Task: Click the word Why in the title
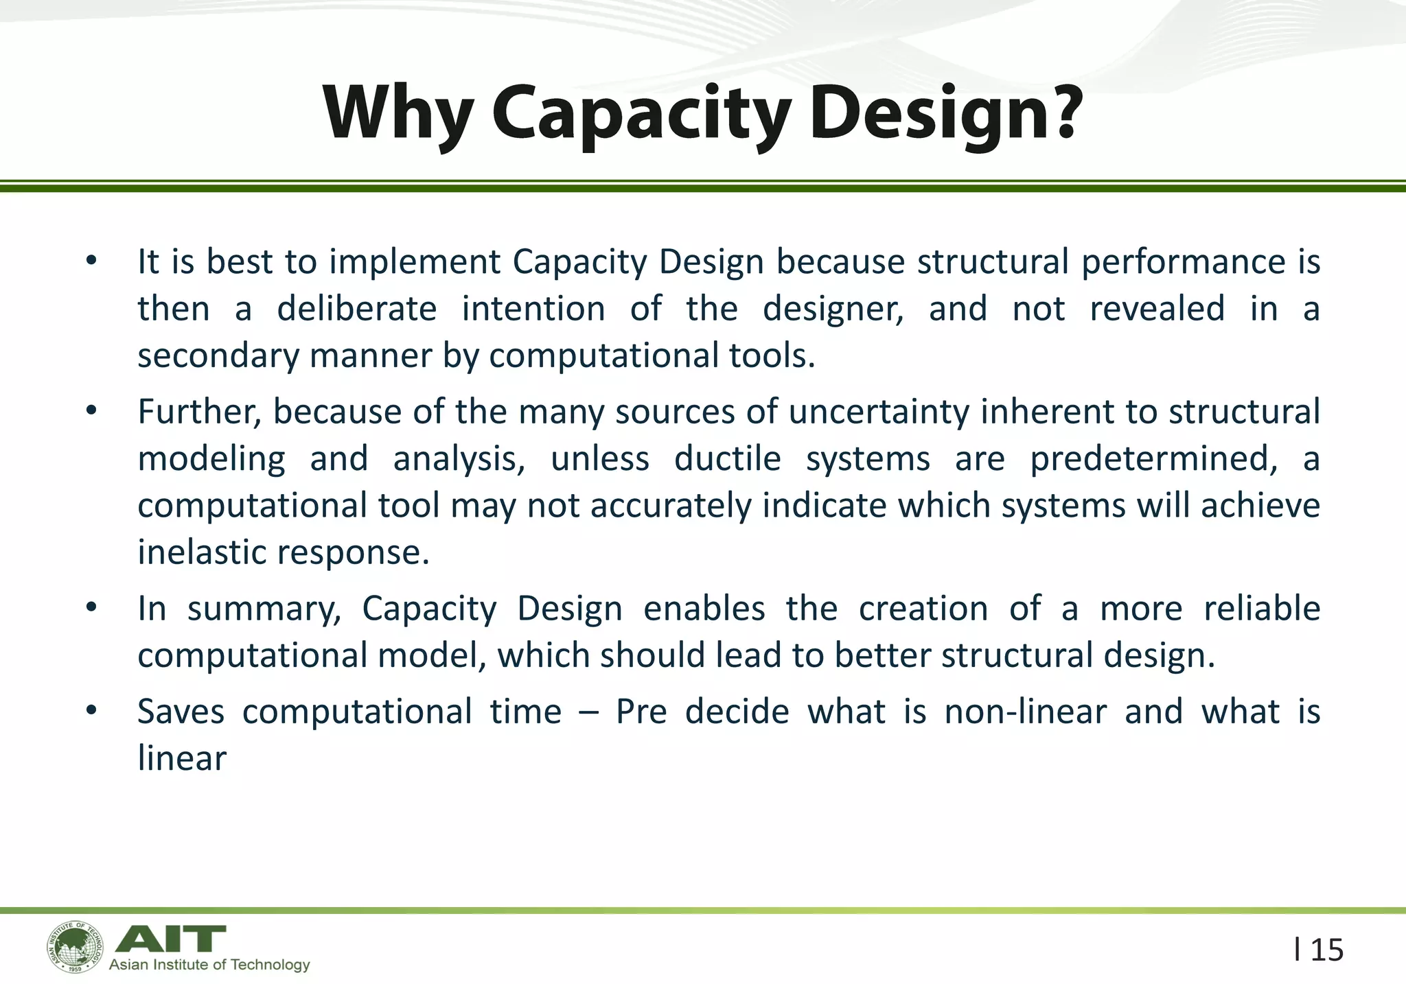tap(398, 113)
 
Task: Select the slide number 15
tap(1326, 950)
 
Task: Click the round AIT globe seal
tap(76, 947)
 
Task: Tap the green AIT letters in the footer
tap(170, 938)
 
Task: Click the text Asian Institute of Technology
tap(209, 965)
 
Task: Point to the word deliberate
tap(356, 309)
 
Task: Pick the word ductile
tap(727, 458)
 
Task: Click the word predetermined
tap(1153, 458)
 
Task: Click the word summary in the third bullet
tap(264, 609)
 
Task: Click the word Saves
tap(181, 712)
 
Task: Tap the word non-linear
tap(1025, 712)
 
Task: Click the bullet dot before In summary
tap(91, 608)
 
